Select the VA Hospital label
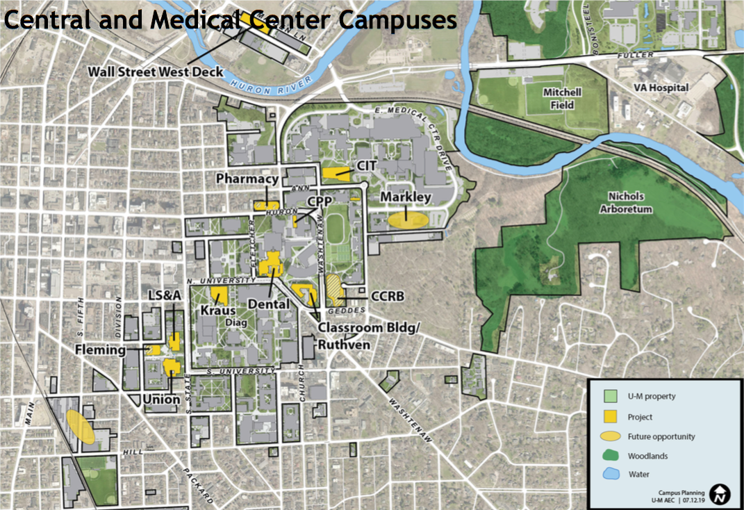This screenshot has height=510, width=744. click(x=661, y=88)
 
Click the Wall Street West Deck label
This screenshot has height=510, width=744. click(x=156, y=72)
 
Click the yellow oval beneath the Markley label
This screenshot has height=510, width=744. click(x=407, y=220)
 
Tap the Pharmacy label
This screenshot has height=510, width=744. click(x=247, y=179)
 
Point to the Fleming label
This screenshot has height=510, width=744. click(x=101, y=350)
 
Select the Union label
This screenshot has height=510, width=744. click(x=163, y=400)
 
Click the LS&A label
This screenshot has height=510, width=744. click(x=164, y=296)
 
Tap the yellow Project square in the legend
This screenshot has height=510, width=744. click(x=610, y=416)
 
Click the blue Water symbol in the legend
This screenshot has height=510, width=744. click(x=610, y=475)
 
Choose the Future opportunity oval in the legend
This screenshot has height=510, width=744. click(x=610, y=436)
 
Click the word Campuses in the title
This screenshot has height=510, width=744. click(x=397, y=19)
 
